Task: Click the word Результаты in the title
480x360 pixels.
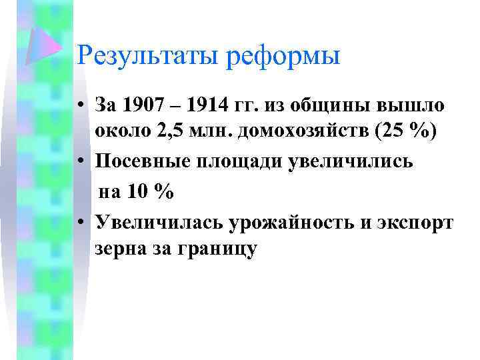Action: point(147,55)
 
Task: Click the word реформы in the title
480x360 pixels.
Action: point(283,55)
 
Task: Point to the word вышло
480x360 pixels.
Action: point(409,105)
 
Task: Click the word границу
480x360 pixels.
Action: point(217,248)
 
